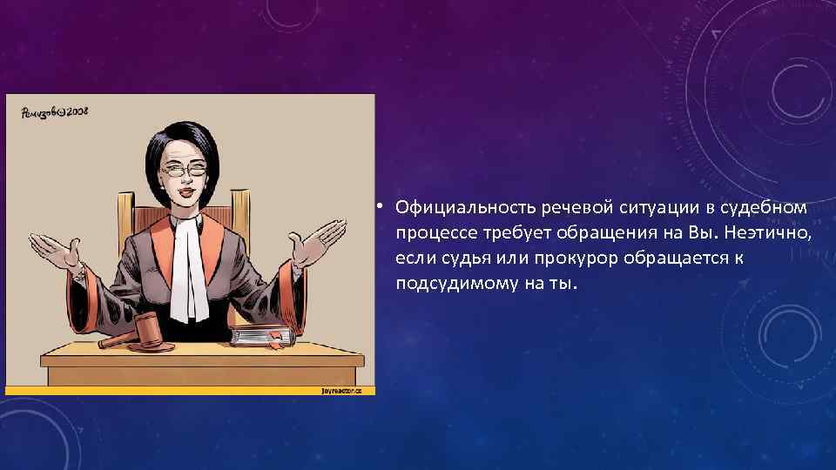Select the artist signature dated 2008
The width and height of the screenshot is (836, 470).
click(54, 112)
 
